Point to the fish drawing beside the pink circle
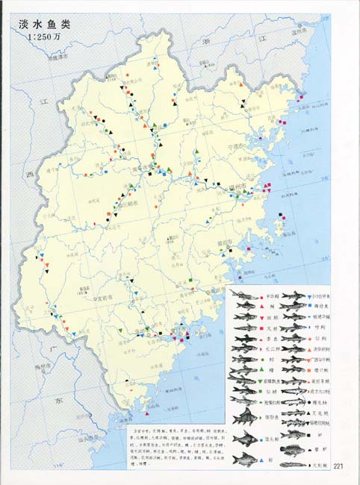(244, 296)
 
